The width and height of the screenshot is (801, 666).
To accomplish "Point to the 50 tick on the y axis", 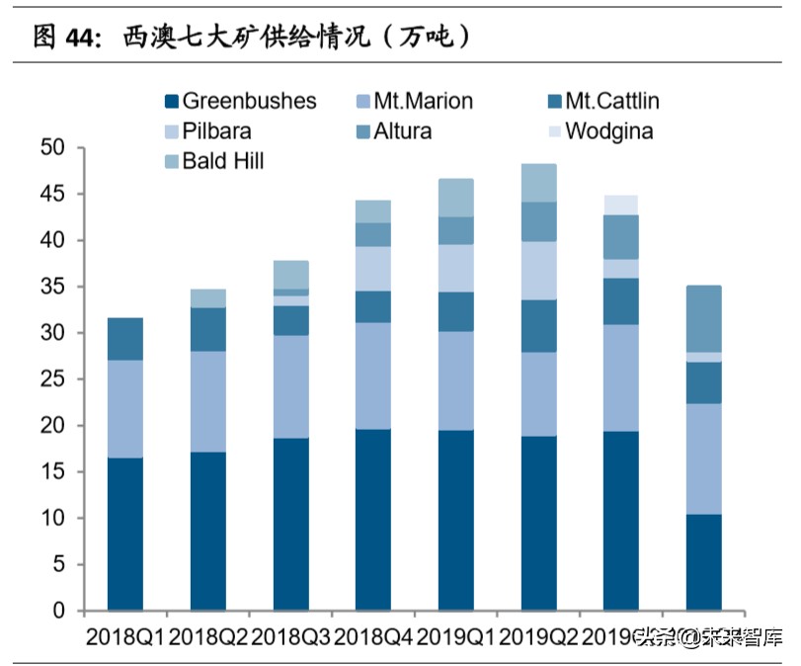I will click(x=51, y=148).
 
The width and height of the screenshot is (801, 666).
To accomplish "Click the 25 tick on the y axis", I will click(x=51, y=379).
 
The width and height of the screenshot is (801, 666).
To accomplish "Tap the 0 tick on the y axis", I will click(x=58, y=612).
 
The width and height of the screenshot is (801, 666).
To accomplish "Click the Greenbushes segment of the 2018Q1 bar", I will click(x=125, y=534).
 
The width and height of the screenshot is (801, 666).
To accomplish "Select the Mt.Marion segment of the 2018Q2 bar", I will click(x=208, y=401).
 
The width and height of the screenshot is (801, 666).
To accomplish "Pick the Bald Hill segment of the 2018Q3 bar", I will click(x=291, y=275).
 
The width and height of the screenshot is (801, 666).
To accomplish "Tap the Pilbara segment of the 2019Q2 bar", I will click(x=539, y=271).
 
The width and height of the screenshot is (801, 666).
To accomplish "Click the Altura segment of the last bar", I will click(x=704, y=318).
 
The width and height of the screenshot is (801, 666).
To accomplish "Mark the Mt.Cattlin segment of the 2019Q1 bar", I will click(x=456, y=311).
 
